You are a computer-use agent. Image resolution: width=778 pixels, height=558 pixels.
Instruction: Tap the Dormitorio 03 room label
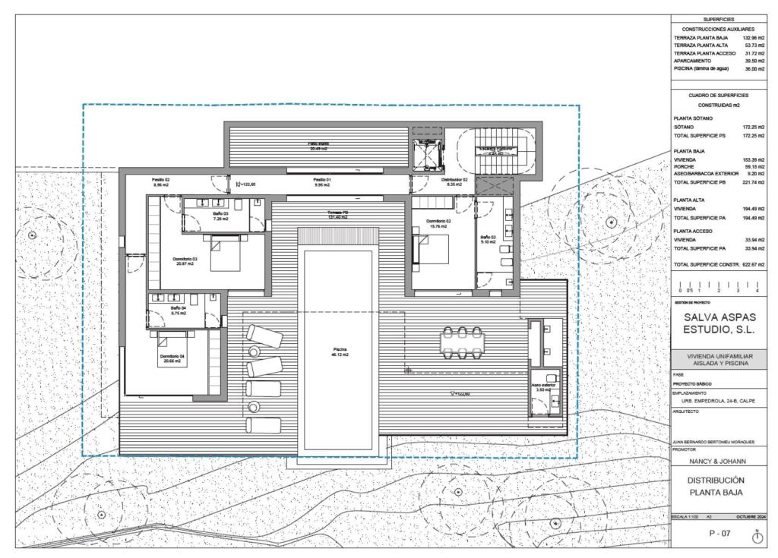tap(185, 261)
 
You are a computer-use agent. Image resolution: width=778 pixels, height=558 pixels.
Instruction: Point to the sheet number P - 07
tap(719, 534)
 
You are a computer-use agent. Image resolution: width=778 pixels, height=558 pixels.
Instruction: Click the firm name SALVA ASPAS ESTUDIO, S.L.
tap(718, 323)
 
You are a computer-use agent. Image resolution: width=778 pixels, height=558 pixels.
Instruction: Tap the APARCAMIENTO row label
tap(695, 61)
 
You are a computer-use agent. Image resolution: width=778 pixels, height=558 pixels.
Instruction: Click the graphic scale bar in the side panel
tap(718, 286)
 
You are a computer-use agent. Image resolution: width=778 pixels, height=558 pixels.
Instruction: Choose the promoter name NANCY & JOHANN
tap(718, 460)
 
